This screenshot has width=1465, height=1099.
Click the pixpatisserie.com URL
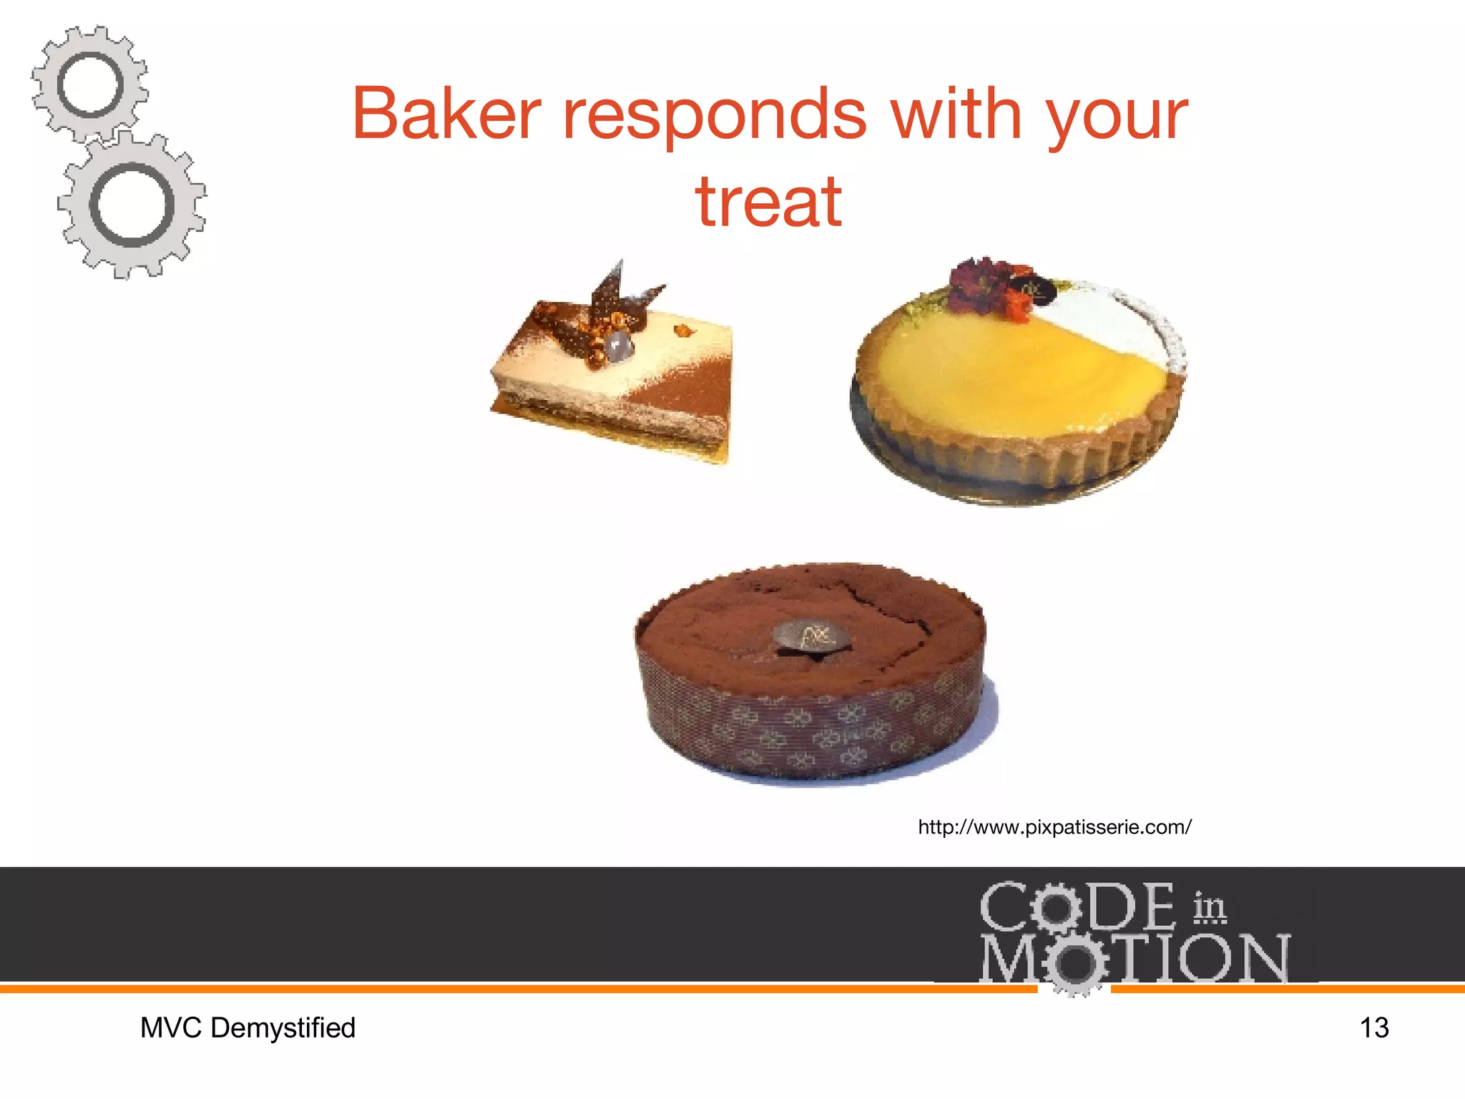1054,828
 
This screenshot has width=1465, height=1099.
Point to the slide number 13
1373,1028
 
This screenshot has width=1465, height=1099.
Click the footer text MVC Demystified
248,1028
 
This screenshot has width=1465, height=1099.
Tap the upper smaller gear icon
90,84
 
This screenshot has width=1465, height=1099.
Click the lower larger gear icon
132,205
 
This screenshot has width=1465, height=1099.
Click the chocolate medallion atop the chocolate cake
813,636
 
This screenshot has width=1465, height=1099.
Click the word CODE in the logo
1077,907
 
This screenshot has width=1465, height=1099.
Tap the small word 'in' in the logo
1209,907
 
